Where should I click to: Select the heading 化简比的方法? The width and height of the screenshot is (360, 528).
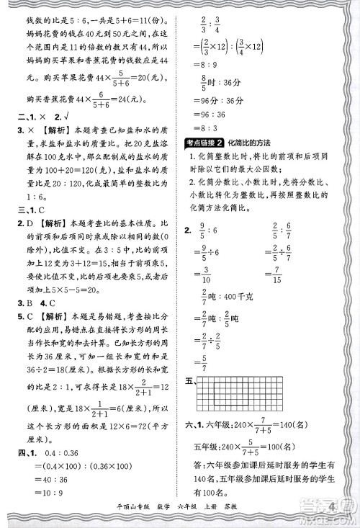[254, 142]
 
